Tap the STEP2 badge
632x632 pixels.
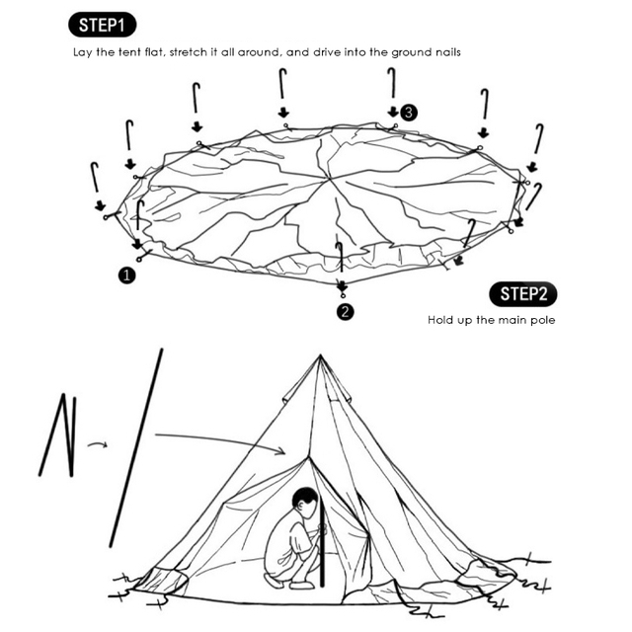coord(522,293)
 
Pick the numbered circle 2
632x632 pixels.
coord(345,312)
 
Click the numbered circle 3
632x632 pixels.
coord(409,113)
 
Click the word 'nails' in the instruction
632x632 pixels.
coord(441,50)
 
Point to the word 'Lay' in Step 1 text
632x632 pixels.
coord(84,50)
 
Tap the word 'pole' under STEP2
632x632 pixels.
coord(541,320)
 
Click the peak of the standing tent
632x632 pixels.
coord(319,357)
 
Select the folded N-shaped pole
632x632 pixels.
coord(57,435)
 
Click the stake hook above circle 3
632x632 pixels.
coord(392,84)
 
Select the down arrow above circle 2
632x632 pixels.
coord(343,286)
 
